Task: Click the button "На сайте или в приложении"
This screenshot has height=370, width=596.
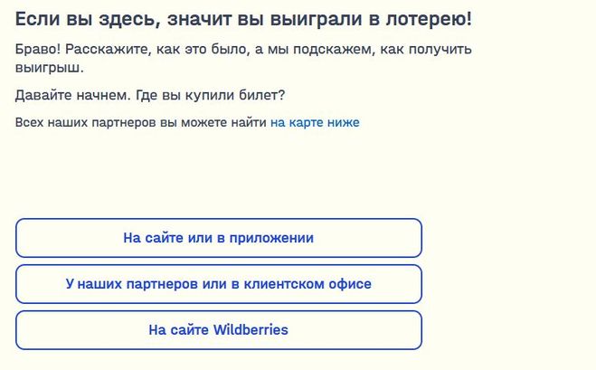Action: [x=219, y=238]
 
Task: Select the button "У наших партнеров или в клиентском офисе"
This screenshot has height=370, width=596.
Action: [x=219, y=284]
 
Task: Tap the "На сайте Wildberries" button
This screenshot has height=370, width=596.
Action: [x=219, y=330]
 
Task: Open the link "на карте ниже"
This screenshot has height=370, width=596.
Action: [x=315, y=122]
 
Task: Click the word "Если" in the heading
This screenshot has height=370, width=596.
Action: [x=37, y=19]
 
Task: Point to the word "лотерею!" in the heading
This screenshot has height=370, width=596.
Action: [x=429, y=19]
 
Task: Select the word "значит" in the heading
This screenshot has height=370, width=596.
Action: [x=199, y=19]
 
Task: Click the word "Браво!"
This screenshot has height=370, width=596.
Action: [x=38, y=49]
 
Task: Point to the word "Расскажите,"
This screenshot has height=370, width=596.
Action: [x=109, y=50]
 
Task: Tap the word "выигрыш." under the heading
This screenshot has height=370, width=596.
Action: [x=50, y=69]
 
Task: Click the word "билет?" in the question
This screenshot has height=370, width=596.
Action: [x=262, y=95]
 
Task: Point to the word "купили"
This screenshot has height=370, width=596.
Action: [x=210, y=96]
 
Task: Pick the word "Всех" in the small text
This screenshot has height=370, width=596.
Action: [x=29, y=122]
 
